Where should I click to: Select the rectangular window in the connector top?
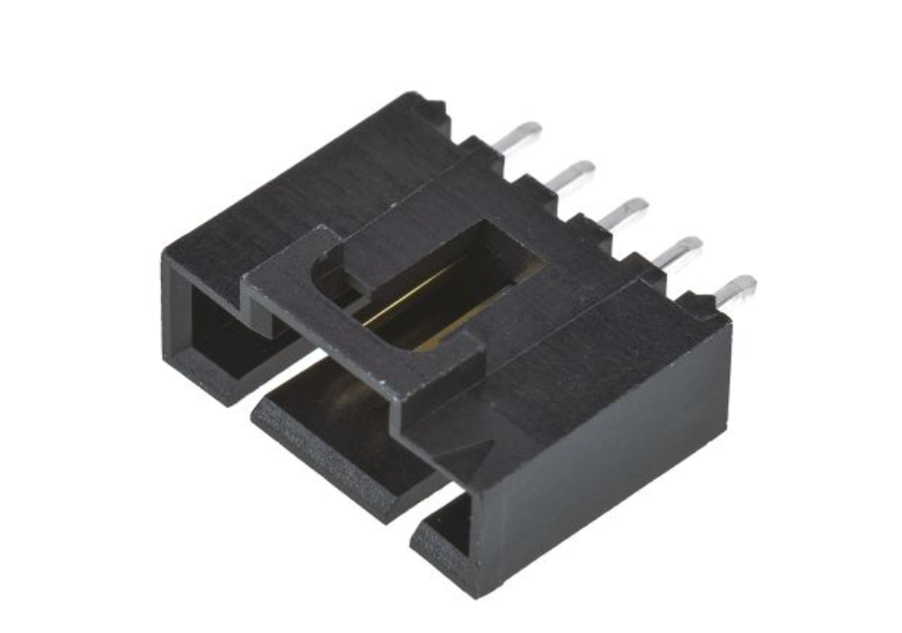click(458, 283)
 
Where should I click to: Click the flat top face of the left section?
click(293, 195)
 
